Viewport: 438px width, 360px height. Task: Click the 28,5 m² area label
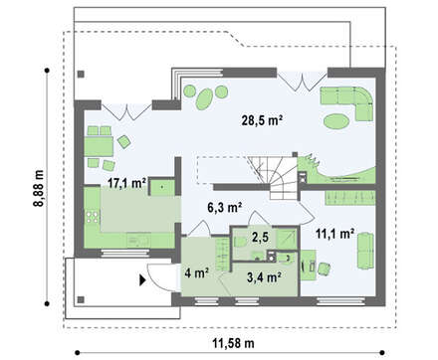tap(262, 120)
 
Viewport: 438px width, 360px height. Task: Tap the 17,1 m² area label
tap(126, 183)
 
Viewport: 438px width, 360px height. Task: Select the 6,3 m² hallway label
tap(225, 208)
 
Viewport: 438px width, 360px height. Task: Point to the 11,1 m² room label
tap(334, 234)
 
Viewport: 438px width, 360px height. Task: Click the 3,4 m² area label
tap(265, 277)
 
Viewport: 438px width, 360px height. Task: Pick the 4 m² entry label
tap(197, 273)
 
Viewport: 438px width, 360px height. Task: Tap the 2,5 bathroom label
tap(260, 237)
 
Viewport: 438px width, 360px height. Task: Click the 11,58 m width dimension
tap(234, 343)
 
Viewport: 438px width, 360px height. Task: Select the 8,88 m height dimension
tap(39, 188)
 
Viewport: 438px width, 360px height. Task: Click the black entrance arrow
tap(142, 280)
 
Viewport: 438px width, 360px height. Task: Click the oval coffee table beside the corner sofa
tap(336, 121)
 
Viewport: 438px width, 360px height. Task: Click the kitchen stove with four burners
tap(93, 217)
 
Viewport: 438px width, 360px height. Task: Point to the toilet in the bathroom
tap(240, 242)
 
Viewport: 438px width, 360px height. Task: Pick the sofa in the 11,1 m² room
tap(365, 251)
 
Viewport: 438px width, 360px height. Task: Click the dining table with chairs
tap(99, 146)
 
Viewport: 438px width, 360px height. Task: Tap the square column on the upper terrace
tap(81, 75)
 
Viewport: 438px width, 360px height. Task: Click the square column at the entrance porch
tap(81, 300)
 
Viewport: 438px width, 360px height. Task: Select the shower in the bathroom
tap(287, 238)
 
